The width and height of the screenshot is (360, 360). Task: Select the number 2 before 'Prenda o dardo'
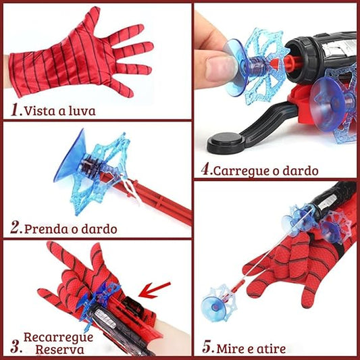tap(14, 228)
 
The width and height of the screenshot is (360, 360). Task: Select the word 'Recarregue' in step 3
tap(55, 336)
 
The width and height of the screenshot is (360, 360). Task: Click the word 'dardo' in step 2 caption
tap(99, 228)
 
